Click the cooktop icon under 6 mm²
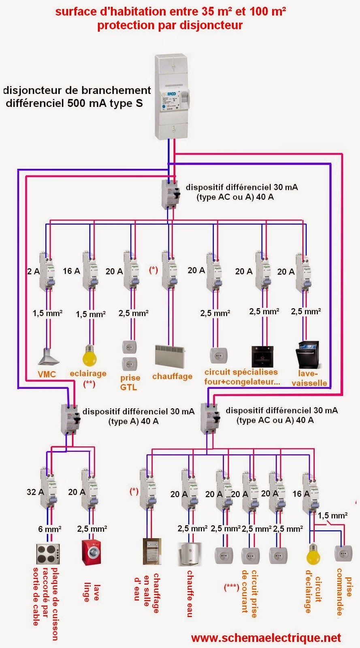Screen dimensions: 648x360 49,554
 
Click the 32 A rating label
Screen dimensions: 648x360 35,492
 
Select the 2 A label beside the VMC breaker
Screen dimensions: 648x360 33,271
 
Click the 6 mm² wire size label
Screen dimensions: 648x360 50,529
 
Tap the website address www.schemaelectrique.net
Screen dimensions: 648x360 266,638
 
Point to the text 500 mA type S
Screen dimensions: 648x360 105,103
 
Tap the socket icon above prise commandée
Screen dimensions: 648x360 343,553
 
